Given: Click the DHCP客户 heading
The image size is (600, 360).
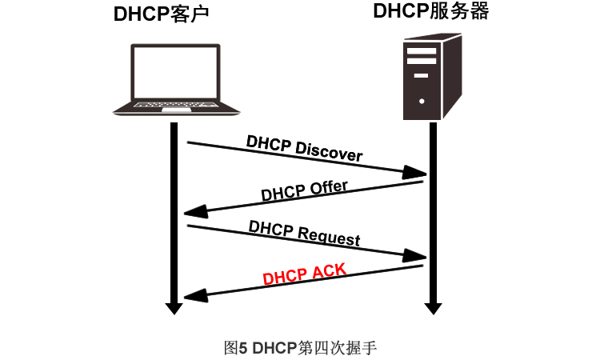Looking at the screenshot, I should (166, 15).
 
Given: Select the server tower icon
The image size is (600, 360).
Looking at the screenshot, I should (430, 77).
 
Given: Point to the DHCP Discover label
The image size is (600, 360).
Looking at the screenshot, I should (304, 148).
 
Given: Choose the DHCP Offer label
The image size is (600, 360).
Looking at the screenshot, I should (304, 192).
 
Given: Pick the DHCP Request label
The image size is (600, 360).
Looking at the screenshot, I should (304, 233).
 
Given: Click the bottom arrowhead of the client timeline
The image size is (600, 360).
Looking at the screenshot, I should (172, 307).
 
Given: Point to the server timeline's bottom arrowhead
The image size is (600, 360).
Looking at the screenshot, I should (433, 307).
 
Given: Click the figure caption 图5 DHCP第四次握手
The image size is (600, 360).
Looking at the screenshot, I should (300, 347).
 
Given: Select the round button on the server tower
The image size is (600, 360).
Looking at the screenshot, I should (422, 102).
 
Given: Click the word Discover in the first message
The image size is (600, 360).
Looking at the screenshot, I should (329, 151).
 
